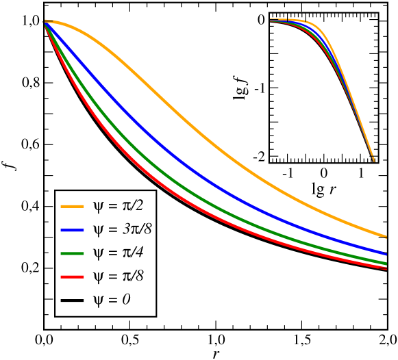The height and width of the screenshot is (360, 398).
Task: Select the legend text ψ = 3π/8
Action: tap(122, 229)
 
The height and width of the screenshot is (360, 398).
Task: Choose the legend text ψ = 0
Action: tap(112, 300)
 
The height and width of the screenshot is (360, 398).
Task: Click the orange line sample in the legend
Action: tap(72, 206)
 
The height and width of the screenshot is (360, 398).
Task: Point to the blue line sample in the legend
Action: tap(72, 230)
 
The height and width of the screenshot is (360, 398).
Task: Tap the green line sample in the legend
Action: tap(72, 253)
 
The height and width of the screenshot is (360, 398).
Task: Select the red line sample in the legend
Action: tap(72, 277)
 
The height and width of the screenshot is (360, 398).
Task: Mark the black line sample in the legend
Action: tap(72, 300)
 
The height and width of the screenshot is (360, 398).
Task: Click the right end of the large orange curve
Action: tap(386, 236)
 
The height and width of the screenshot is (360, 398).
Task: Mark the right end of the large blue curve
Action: tap(386, 253)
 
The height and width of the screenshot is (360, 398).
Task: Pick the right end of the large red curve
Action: tap(386, 268)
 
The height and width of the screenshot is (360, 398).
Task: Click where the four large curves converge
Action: tap(46, 23)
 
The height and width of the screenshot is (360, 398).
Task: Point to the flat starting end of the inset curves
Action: tap(273, 20)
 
